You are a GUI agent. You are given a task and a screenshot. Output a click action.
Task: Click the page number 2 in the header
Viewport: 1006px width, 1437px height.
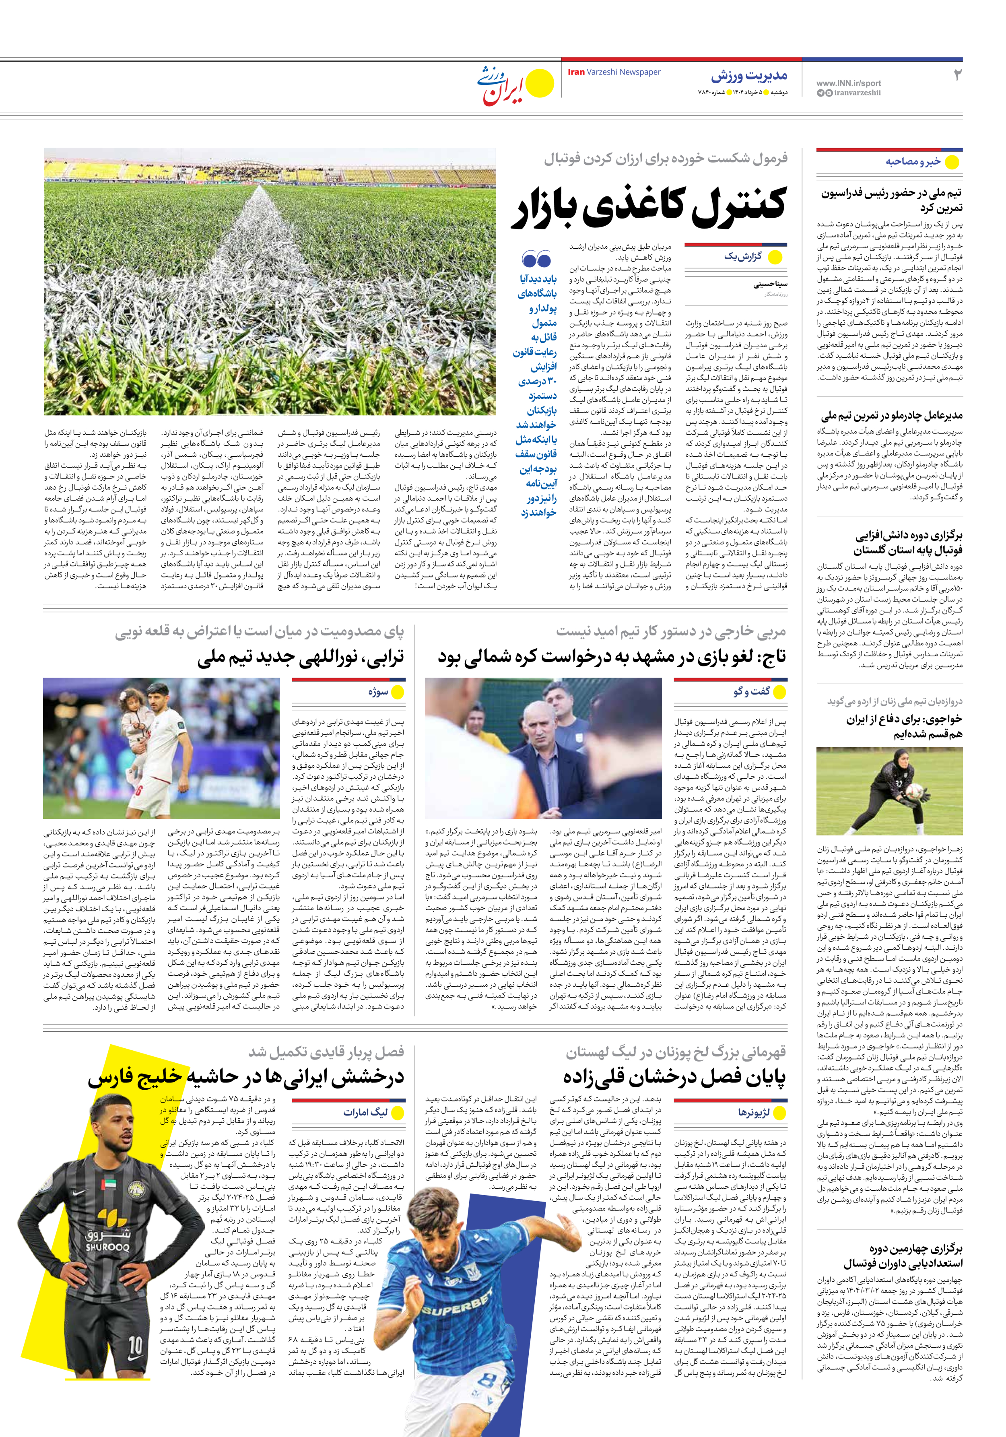click(956, 75)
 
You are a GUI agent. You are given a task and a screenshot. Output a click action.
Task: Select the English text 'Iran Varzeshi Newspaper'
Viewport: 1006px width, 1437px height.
click(614, 72)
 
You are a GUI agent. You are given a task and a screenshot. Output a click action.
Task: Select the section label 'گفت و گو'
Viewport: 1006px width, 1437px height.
click(751, 691)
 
